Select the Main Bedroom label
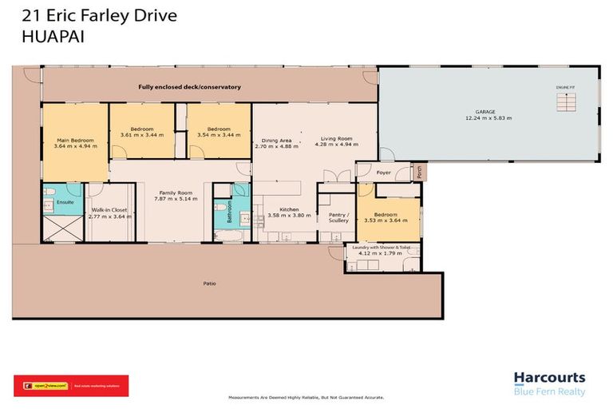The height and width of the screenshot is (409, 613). pos(75,143)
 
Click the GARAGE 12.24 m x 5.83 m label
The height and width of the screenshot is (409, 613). pos(488,115)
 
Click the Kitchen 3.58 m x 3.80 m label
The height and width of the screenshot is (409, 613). pos(283,212)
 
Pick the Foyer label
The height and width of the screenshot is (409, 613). pos(385,171)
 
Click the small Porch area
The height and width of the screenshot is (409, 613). pos(420,171)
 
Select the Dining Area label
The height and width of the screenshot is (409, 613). pos(276,142)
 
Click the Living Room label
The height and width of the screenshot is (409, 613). pos(335,141)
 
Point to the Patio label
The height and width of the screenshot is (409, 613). pos(209,283)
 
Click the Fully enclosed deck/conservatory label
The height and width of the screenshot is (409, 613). pos(189,86)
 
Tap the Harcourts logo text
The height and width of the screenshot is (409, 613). pos(549,378)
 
